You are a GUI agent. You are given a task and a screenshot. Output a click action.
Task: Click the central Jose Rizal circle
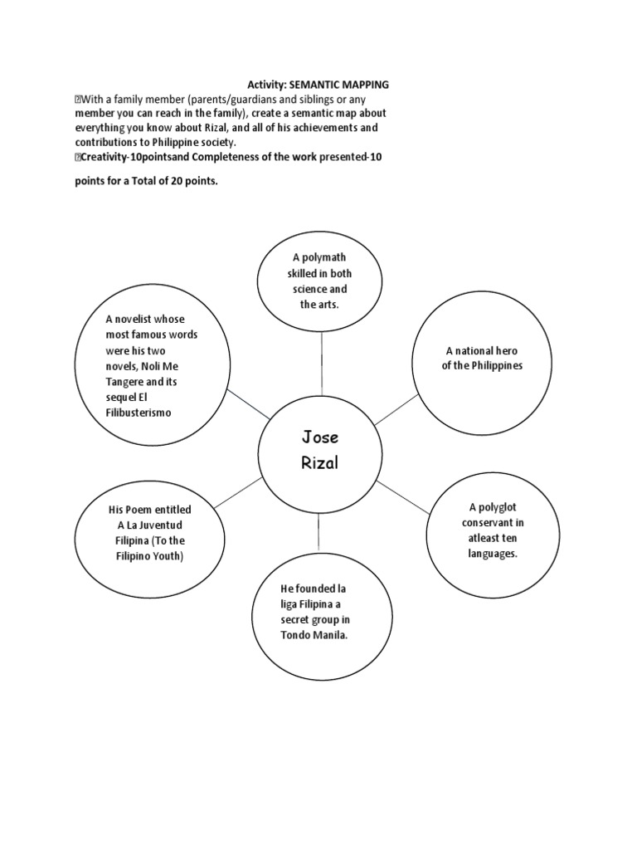pos(319,449)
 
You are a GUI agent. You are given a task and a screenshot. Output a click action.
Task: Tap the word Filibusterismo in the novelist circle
pos(138,413)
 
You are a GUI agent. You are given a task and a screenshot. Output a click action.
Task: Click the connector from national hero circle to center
pos(398,409)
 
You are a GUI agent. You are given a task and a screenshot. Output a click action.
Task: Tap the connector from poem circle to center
pos(241,488)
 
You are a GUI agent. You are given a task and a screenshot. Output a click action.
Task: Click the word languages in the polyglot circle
pos(492,553)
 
